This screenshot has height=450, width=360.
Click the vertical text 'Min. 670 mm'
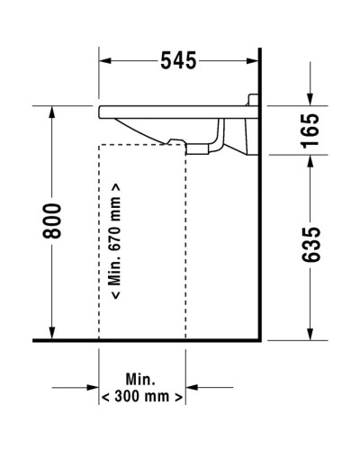coord(115,243)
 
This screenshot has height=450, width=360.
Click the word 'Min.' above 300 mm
coord(141,378)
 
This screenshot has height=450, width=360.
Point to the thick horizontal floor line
coord(144,342)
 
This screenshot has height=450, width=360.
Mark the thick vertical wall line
coord(259,225)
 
